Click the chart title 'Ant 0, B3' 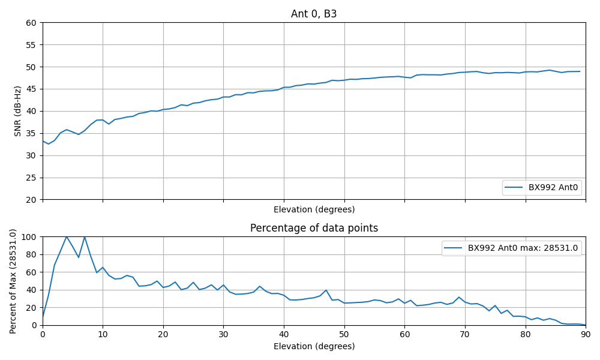314,14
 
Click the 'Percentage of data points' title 314,228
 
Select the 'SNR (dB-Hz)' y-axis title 18,111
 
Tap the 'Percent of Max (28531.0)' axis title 13,281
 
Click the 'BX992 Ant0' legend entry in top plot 553,187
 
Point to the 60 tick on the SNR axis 31,23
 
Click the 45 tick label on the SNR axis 31,89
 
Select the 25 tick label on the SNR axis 31,178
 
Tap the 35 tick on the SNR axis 31,133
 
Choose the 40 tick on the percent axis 31,290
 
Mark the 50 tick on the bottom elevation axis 344,334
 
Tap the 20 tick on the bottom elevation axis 163,334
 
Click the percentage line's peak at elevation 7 85,237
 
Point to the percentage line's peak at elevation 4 67,237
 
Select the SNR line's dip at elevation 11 109,124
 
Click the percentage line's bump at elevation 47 326,290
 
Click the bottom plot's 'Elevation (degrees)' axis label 314,346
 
